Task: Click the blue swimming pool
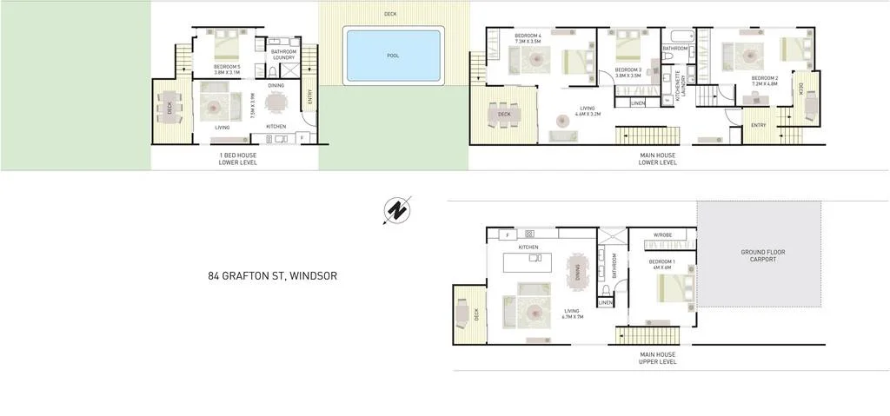(394, 55)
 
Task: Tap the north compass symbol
(397, 210)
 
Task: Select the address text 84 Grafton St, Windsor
(272, 276)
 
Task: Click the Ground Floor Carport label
(762, 256)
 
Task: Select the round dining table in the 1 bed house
(276, 104)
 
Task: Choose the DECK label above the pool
(390, 14)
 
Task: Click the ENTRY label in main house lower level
(758, 125)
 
